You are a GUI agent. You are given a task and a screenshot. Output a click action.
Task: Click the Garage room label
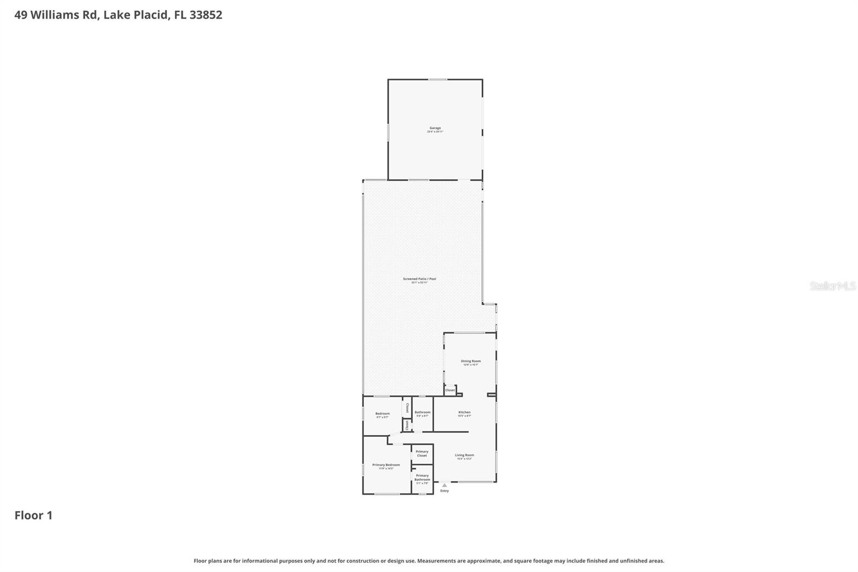click(x=435, y=128)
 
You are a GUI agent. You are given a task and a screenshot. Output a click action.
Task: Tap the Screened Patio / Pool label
click(x=419, y=278)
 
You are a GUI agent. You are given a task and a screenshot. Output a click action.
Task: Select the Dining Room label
click(x=470, y=361)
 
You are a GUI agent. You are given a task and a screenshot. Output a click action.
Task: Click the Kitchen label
click(x=464, y=412)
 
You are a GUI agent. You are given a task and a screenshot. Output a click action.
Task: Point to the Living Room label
click(x=464, y=455)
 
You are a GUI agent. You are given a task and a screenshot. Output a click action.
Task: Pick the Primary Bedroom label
click(x=386, y=465)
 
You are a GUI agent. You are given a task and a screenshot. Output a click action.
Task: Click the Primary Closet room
click(x=422, y=453)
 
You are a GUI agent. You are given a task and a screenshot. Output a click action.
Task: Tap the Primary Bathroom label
click(x=422, y=478)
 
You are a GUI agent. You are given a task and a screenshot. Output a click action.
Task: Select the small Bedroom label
click(x=382, y=413)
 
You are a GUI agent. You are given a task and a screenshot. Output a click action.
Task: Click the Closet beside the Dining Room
click(x=450, y=390)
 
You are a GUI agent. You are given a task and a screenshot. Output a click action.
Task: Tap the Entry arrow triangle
click(x=444, y=485)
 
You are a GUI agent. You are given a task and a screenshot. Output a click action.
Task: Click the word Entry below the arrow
click(x=445, y=491)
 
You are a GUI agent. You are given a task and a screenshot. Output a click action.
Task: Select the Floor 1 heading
click(x=33, y=515)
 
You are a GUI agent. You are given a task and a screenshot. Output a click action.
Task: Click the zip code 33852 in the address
click(x=205, y=15)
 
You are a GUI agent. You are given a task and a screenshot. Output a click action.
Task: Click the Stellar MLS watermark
click(x=832, y=286)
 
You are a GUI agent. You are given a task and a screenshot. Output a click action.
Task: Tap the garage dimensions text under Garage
click(x=435, y=132)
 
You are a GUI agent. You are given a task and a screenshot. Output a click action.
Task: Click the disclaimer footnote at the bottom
click(x=428, y=561)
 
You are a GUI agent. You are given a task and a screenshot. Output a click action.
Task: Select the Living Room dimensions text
click(x=464, y=459)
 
